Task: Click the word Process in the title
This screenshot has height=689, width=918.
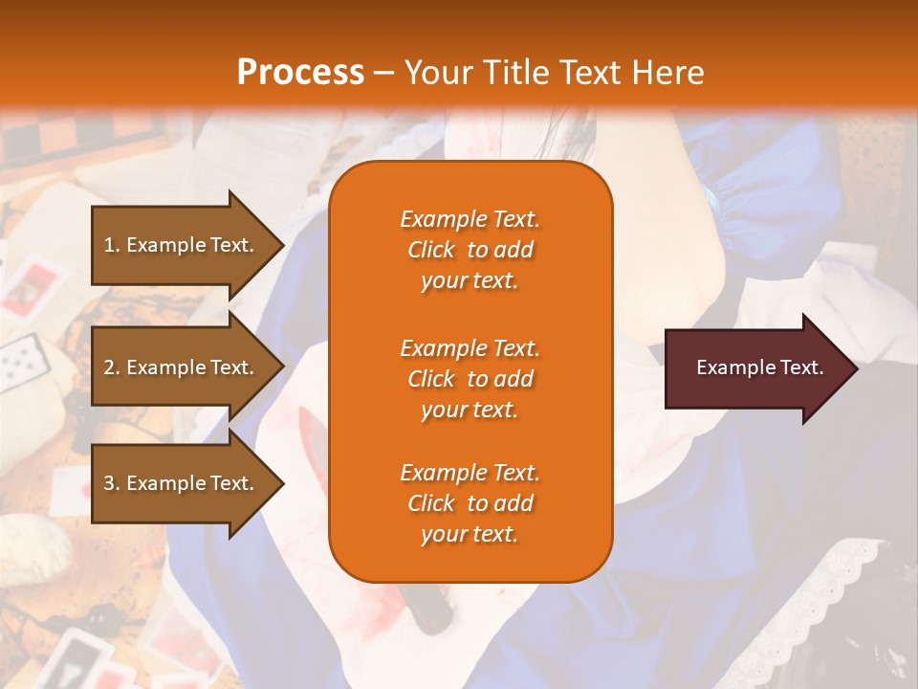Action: click(x=300, y=73)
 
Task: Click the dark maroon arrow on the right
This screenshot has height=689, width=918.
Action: click(x=755, y=368)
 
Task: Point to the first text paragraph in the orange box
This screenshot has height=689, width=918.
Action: click(x=470, y=250)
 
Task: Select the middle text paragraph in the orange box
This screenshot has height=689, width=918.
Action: click(x=470, y=379)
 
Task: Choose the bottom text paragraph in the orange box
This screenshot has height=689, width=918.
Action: click(x=470, y=503)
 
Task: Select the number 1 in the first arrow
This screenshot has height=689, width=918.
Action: click(x=109, y=245)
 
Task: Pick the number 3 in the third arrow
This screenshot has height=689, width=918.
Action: click(x=109, y=483)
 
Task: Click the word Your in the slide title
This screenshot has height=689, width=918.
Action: click(x=434, y=73)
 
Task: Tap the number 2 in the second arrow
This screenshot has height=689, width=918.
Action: click(x=109, y=367)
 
